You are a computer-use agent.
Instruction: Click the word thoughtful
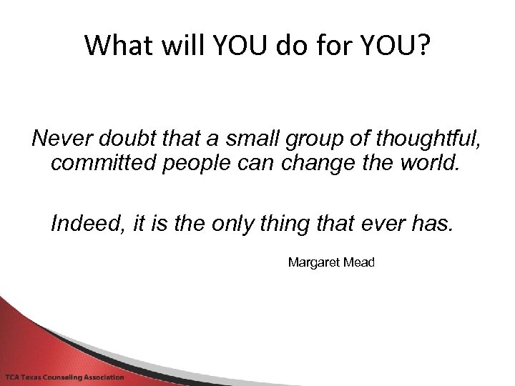coord(423,137)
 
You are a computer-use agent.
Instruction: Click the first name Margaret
coord(312,262)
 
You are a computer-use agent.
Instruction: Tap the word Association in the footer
coord(106,377)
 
